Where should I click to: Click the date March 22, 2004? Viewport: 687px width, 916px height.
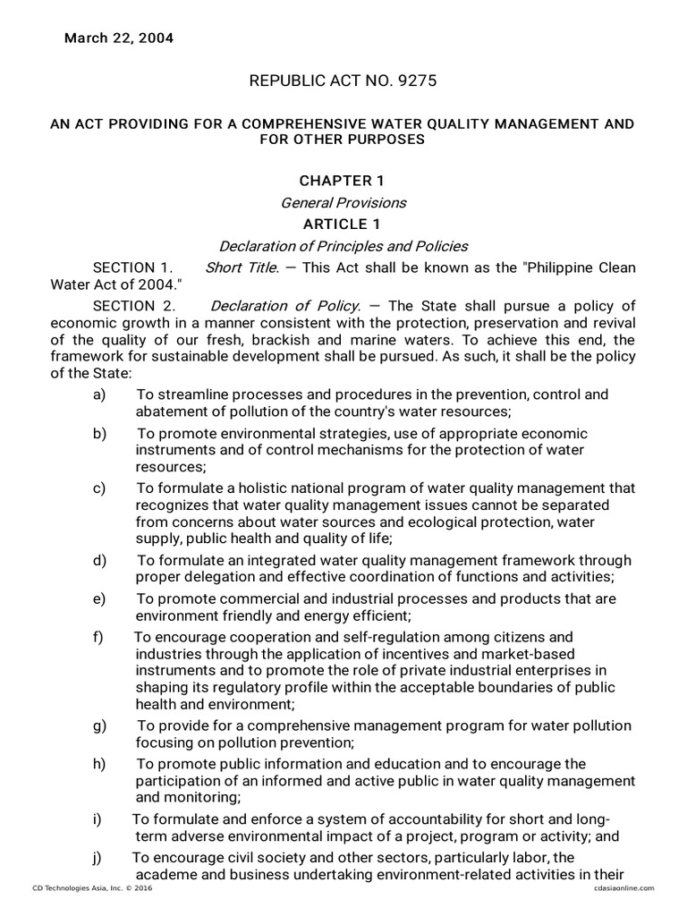pos(118,38)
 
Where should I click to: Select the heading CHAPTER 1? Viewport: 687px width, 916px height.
pos(342,182)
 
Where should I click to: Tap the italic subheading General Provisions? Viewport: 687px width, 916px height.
pos(343,203)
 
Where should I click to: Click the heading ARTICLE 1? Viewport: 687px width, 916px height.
pos(343,225)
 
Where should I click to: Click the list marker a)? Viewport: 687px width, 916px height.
pos(98,394)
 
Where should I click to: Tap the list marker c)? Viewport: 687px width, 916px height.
pos(98,488)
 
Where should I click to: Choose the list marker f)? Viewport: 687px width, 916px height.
pos(98,637)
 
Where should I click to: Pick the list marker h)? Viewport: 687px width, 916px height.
pos(98,763)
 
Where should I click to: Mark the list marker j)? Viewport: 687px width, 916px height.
pos(97,858)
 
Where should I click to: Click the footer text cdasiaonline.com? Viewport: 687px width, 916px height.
pos(624,887)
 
